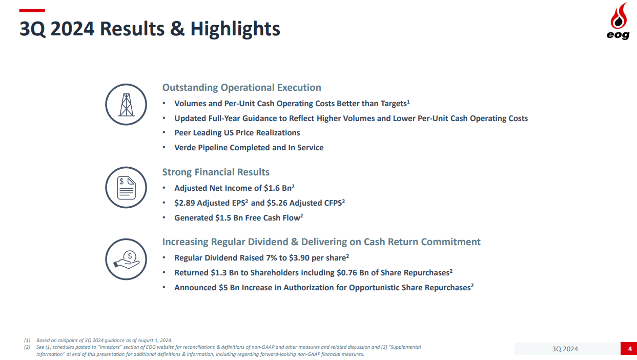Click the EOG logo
[x=619, y=22]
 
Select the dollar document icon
[x=126, y=187]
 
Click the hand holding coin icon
[x=126, y=259]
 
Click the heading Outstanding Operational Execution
[x=241, y=88]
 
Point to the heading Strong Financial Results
[x=216, y=172]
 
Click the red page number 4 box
[x=628, y=349]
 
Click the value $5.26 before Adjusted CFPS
[x=277, y=203]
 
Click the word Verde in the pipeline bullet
[x=186, y=148]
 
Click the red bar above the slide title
[x=32, y=10]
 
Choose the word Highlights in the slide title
[x=235, y=29]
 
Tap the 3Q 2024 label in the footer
[x=565, y=349]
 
